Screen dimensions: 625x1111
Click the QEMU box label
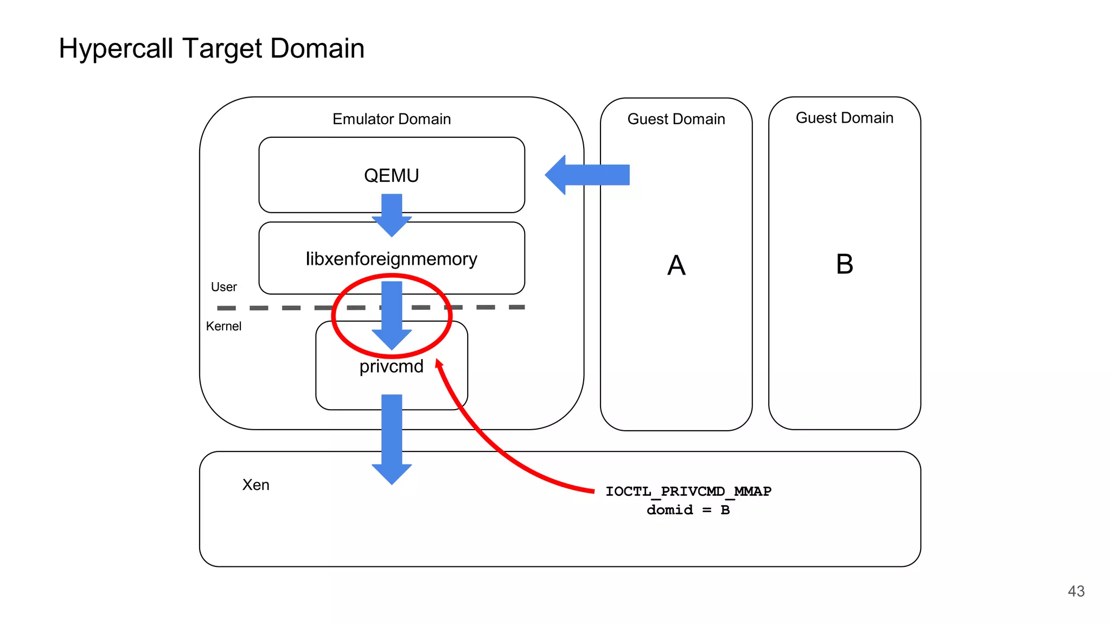pos(391,176)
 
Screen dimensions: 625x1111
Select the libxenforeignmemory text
pos(391,259)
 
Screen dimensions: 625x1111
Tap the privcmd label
pos(391,367)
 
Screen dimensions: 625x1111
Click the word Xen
pos(256,485)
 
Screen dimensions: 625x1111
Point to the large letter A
pos(676,266)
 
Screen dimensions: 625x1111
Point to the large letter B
pos(844,265)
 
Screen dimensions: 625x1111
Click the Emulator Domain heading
pos(391,119)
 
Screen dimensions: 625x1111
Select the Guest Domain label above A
pos(676,119)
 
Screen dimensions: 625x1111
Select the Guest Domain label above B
pos(844,118)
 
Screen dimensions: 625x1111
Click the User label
pos(224,287)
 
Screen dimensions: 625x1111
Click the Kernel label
pos(224,327)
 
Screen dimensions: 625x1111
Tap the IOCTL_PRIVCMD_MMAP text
pos(688,492)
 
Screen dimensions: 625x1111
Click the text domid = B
pos(688,510)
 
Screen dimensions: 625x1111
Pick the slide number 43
pos(1076,591)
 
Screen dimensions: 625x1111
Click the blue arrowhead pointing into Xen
pos(392,473)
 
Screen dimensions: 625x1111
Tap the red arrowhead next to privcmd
pos(439,363)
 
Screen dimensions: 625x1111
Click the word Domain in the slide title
pos(317,49)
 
